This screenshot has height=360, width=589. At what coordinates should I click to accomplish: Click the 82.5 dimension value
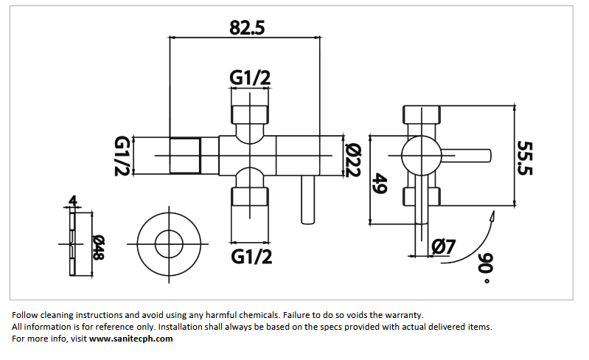coord(247,27)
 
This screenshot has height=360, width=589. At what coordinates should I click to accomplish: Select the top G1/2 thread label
coord(251,77)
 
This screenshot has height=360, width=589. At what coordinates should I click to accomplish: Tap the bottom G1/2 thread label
coord(251,256)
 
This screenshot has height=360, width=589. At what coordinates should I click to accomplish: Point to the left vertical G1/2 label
coord(122,156)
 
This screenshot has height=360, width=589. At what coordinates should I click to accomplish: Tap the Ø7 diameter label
coord(444,246)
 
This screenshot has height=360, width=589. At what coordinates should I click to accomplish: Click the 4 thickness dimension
coord(72,201)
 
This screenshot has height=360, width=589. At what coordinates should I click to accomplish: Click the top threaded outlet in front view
coord(251,114)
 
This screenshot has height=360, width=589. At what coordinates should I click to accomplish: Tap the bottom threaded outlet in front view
coord(251,196)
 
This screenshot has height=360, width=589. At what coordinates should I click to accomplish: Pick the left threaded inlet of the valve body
coord(185,156)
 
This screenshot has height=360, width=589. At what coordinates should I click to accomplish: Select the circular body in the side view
coord(422,155)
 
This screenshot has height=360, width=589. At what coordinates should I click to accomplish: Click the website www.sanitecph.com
coord(131,339)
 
